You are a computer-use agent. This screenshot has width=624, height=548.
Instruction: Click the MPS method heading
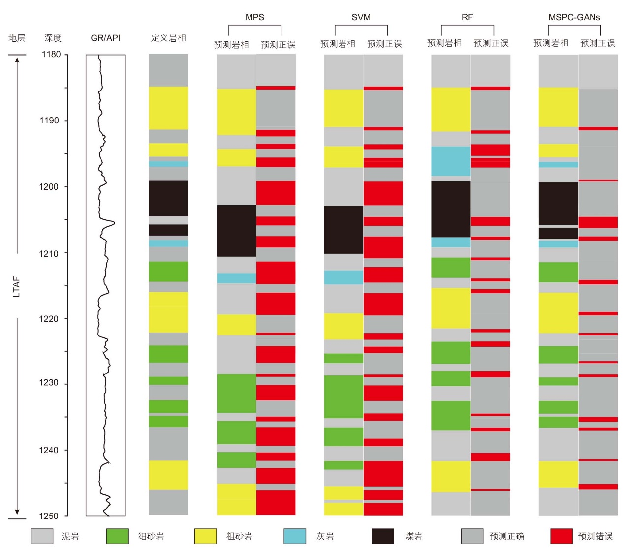[255, 17]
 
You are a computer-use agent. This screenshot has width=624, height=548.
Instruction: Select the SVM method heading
[361, 17]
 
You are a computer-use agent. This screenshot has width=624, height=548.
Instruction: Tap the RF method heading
[467, 17]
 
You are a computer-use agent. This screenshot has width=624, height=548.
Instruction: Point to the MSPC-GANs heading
[574, 17]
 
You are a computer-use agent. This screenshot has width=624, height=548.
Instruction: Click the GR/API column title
[105, 38]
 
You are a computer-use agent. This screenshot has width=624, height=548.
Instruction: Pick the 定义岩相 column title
[168, 38]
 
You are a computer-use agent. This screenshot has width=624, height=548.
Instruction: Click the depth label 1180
[51, 55]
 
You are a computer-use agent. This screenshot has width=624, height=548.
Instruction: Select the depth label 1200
[49, 187]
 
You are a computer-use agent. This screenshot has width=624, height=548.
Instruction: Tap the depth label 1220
[49, 319]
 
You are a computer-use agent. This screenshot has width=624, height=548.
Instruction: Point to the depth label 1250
[49, 516]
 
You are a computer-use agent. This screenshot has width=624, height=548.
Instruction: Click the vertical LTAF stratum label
[17, 287]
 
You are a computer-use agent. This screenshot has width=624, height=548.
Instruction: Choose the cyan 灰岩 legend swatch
[295, 536]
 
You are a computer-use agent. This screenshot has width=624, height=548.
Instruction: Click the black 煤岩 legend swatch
[383, 536]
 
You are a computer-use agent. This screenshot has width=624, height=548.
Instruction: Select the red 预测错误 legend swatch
[562, 536]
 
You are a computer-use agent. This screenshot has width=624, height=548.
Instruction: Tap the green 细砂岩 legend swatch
[117, 536]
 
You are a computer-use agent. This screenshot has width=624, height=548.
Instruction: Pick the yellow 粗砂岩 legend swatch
[205, 536]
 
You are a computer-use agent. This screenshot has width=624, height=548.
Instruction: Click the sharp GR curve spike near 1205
[115, 223]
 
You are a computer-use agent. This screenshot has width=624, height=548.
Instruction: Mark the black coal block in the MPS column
[236, 231]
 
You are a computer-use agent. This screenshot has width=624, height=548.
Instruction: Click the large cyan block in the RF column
[451, 161]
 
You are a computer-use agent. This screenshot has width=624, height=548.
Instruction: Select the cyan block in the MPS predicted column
[236, 278]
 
